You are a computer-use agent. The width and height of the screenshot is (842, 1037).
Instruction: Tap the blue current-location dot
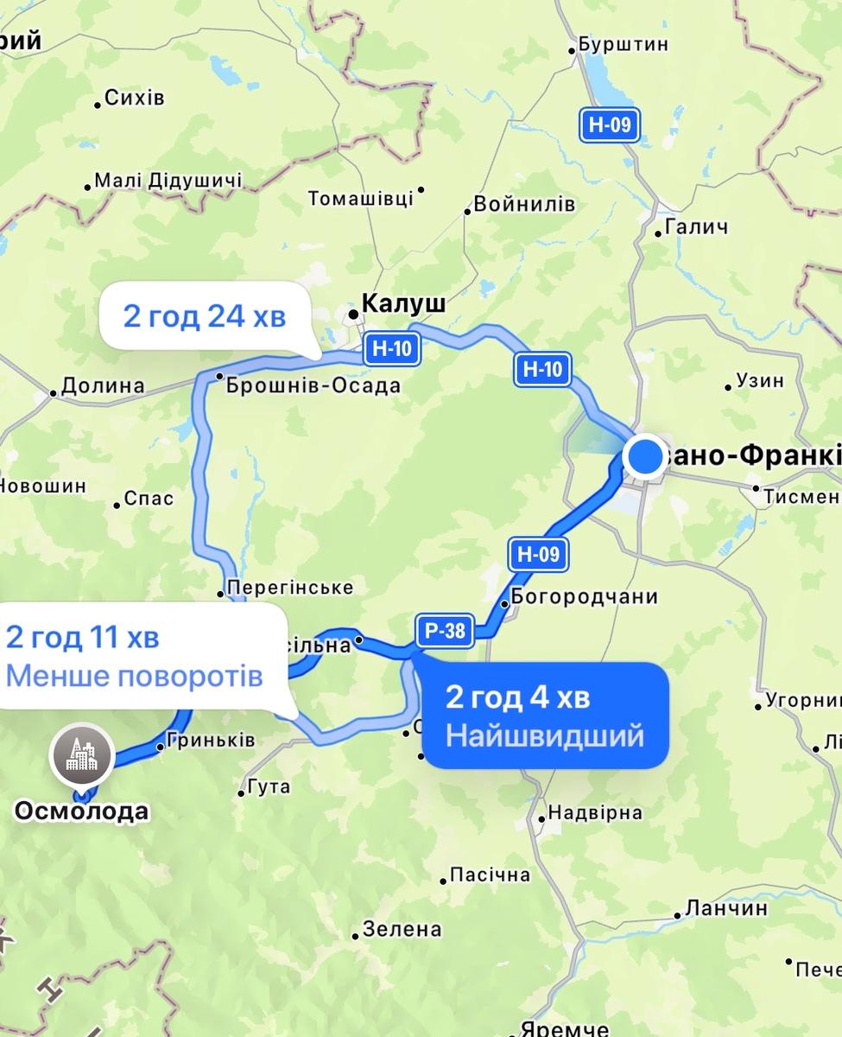click(644, 456)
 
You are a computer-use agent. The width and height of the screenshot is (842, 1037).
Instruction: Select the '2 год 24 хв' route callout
click(204, 316)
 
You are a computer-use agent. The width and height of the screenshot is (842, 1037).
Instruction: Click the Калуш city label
click(403, 303)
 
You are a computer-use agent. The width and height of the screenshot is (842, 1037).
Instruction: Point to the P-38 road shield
click(445, 631)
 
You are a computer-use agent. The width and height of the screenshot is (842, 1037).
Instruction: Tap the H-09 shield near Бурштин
click(610, 124)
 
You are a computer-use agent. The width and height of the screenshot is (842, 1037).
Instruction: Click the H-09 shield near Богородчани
click(538, 555)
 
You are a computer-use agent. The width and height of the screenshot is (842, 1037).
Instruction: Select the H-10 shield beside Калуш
click(392, 349)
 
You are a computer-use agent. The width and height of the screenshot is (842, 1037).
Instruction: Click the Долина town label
click(103, 385)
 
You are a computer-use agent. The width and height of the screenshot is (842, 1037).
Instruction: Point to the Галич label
click(696, 227)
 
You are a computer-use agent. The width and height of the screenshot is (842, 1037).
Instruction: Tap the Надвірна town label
click(595, 812)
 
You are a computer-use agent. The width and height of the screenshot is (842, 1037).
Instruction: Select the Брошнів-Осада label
click(313, 385)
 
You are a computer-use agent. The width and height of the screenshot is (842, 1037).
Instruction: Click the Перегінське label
click(289, 588)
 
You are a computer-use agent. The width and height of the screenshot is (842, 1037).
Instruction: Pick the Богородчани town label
click(584, 596)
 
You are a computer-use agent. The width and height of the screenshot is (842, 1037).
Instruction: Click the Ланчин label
click(725, 908)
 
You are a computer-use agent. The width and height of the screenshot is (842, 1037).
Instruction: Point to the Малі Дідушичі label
click(168, 181)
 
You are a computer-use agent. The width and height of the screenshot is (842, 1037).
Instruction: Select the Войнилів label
click(523, 205)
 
